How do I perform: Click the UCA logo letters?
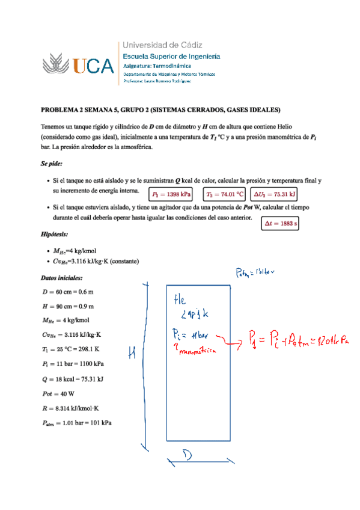coord(93,65)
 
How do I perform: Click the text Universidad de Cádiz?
coord(162,45)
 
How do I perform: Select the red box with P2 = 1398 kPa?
coord(171,194)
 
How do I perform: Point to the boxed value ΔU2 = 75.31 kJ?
coord(274,194)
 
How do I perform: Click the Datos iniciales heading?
coord(62,278)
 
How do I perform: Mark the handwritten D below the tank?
coord(188,456)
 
